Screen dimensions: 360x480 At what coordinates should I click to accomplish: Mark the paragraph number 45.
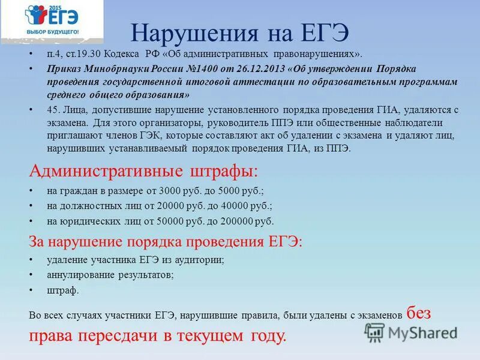click(52, 111)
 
